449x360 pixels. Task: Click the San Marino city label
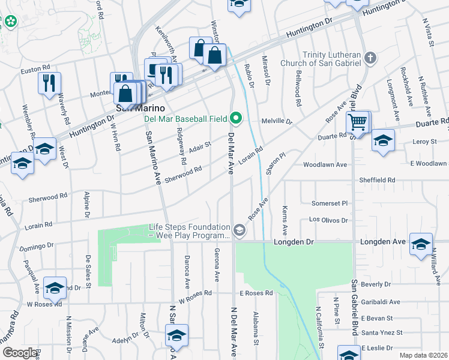(x=131, y=107)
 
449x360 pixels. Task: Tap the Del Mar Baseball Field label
(x=184, y=118)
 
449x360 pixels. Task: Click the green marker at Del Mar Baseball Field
(x=236, y=118)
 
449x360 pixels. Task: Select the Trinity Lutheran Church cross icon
(x=370, y=58)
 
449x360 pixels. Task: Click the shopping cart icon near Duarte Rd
(x=357, y=123)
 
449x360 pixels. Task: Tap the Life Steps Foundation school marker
(x=240, y=231)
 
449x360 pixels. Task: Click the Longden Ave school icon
(x=421, y=244)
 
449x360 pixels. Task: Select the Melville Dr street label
(x=276, y=121)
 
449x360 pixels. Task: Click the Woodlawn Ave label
(x=325, y=164)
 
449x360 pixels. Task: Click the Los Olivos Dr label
(x=328, y=220)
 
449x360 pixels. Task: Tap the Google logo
(x=20, y=353)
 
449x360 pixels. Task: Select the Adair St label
(x=200, y=145)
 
